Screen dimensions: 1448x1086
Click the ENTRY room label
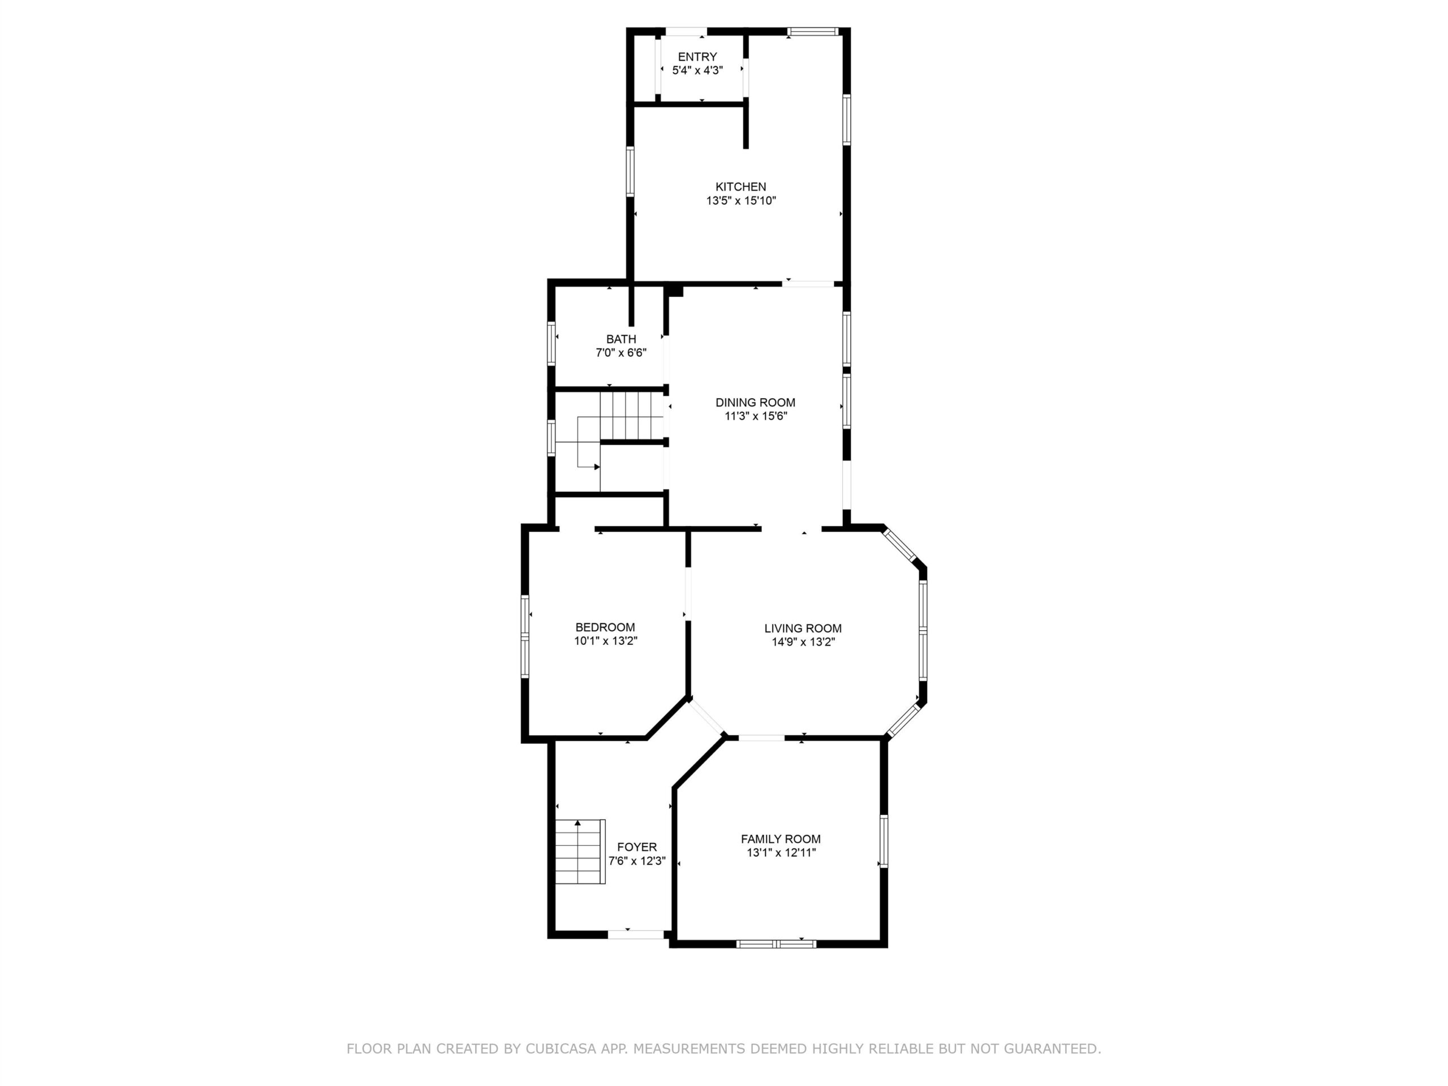tap(697, 57)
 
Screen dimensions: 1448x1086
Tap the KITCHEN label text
tap(740, 187)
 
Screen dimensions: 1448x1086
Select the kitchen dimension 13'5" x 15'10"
tap(741, 201)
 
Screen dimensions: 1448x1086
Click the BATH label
tap(620, 339)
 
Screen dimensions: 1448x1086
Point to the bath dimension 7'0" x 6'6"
tap(620, 353)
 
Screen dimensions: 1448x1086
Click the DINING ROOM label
tap(756, 403)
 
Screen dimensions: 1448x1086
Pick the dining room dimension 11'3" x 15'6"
tap(756, 416)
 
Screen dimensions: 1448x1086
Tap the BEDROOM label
tap(605, 627)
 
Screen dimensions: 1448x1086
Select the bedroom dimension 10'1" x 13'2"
tap(606, 641)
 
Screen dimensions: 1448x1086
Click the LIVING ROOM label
tap(803, 628)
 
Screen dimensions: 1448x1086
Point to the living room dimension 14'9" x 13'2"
tap(803, 642)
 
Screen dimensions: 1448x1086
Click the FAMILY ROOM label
tap(781, 839)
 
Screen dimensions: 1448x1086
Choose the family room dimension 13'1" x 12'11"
tap(781, 853)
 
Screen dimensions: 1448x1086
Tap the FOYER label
tap(637, 847)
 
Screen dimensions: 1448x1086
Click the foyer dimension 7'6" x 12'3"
tap(637, 861)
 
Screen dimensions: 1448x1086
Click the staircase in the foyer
tap(580, 851)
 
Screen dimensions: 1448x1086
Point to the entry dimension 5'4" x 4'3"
tap(697, 71)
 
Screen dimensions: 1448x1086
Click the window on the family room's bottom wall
tap(777, 943)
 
